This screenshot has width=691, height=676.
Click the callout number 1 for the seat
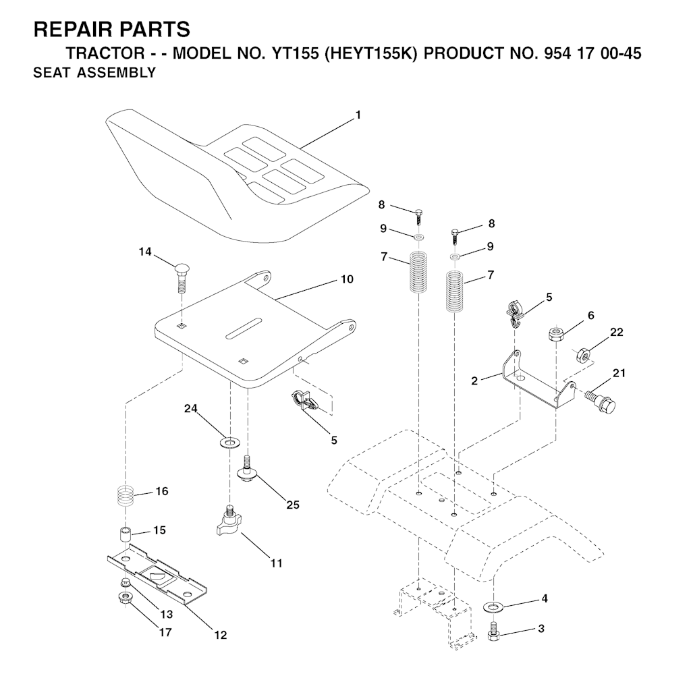[358, 115]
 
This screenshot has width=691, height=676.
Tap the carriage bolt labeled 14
[181, 279]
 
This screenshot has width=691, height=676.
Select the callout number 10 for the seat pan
[348, 279]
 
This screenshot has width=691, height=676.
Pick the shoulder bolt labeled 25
[248, 468]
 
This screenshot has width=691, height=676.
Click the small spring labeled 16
[126, 497]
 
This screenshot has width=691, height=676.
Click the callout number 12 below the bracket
[221, 635]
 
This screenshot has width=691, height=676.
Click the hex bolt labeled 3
[493, 631]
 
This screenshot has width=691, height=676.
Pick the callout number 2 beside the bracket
[474, 381]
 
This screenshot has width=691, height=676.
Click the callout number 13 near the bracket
[167, 615]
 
